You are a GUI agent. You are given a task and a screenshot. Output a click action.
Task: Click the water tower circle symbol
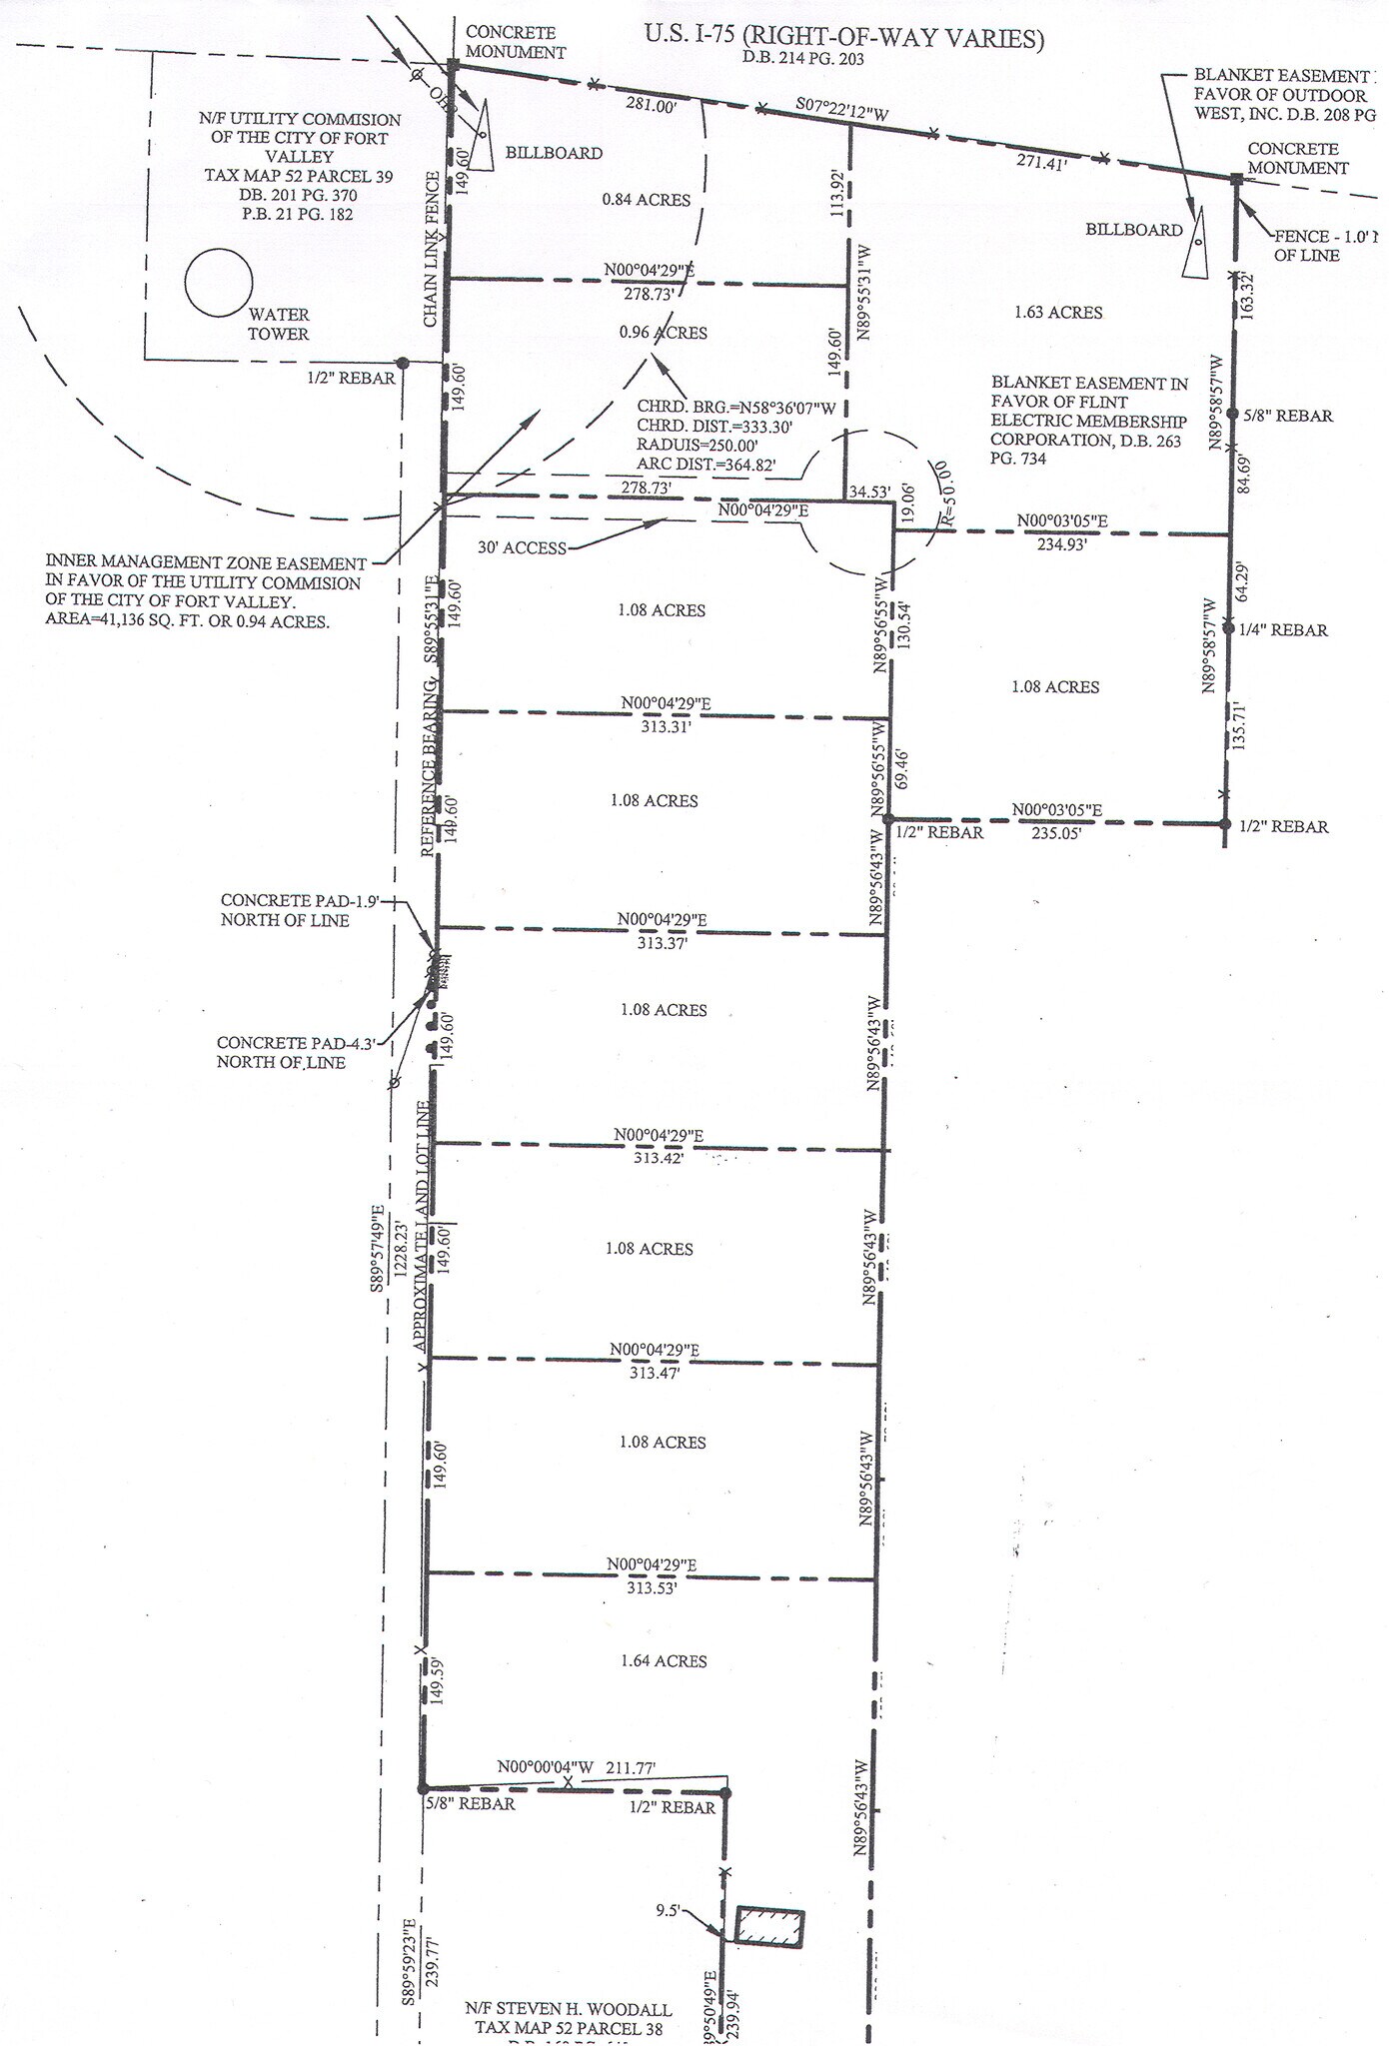(219, 283)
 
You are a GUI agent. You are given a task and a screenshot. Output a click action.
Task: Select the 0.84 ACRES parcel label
(647, 200)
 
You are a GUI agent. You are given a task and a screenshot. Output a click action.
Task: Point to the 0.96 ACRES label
(663, 333)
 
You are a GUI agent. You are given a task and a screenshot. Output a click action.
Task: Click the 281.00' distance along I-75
(651, 107)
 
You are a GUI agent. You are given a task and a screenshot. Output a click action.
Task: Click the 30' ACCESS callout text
(521, 547)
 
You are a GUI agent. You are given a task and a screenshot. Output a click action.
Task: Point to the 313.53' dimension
(652, 1587)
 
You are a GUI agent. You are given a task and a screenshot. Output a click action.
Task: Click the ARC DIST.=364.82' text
(706, 465)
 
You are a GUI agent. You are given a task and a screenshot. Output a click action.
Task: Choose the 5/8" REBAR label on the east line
(1287, 416)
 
